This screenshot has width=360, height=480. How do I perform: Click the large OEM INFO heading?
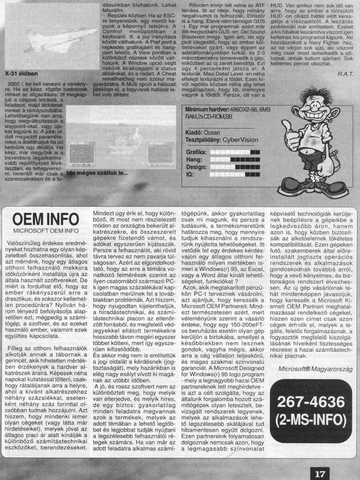click(46, 220)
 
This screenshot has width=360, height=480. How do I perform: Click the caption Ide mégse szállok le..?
click(98, 174)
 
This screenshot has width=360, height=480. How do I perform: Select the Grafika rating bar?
click(235, 152)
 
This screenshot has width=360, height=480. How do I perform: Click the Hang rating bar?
click(235, 159)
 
